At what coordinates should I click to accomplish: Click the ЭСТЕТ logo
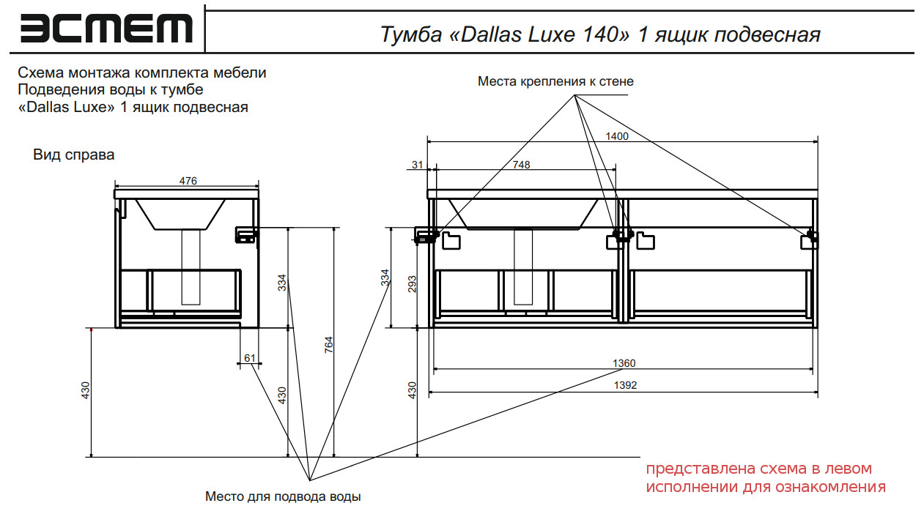[x=106, y=29]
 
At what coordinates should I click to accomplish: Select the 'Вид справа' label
[x=73, y=155]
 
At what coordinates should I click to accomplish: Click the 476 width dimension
[x=188, y=181]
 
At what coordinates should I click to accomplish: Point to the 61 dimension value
[x=250, y=358]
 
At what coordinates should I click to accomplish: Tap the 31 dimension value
[x=418, y=165]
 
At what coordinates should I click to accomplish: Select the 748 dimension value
[x=521, y=165]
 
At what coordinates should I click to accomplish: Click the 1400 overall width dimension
[x=617, y=135]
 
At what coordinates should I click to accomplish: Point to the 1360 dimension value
[x=624, y=363]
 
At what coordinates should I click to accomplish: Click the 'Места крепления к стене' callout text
[x=555, y=81]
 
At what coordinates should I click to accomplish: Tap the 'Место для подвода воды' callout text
[x=283, y=496]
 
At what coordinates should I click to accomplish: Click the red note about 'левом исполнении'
[x=765, y=477]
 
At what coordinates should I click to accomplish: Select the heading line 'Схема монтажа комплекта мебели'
[x=141, y=73]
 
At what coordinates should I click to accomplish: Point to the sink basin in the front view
[x=525, y=214]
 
